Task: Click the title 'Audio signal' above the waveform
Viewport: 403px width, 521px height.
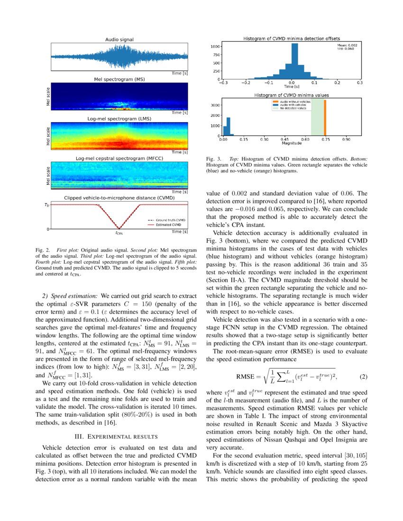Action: (119, 40)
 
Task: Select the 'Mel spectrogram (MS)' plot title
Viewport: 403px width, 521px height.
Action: (119, 80)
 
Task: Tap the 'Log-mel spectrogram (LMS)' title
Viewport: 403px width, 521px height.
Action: (119, 119)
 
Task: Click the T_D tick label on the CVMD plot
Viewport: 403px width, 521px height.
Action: (46, 205)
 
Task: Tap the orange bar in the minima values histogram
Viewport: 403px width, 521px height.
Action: (325, 118)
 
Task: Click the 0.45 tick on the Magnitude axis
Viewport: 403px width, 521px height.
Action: (285, 140)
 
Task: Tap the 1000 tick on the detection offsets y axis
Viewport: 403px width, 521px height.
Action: (215, 46)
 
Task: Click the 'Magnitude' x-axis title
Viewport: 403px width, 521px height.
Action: (292, 144)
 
